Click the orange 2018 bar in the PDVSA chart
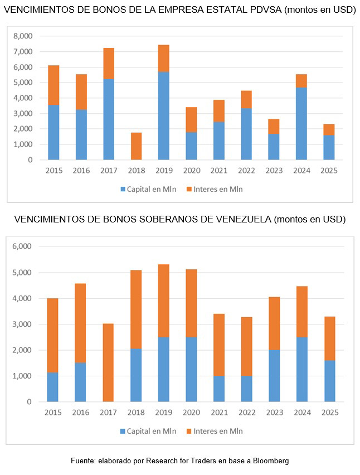click(136, 146)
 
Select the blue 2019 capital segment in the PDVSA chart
click(163, 116)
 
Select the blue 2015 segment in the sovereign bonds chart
click(53, 387)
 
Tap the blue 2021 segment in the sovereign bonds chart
click(219, 389)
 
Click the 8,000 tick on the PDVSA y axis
click(24, 36)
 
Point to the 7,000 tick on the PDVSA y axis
click(24, 52)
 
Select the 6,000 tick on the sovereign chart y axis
click(24, 246)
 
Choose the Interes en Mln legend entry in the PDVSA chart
click(217, 189)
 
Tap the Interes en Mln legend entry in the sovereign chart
click(217, 431)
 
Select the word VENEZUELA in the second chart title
click(243, 219)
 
